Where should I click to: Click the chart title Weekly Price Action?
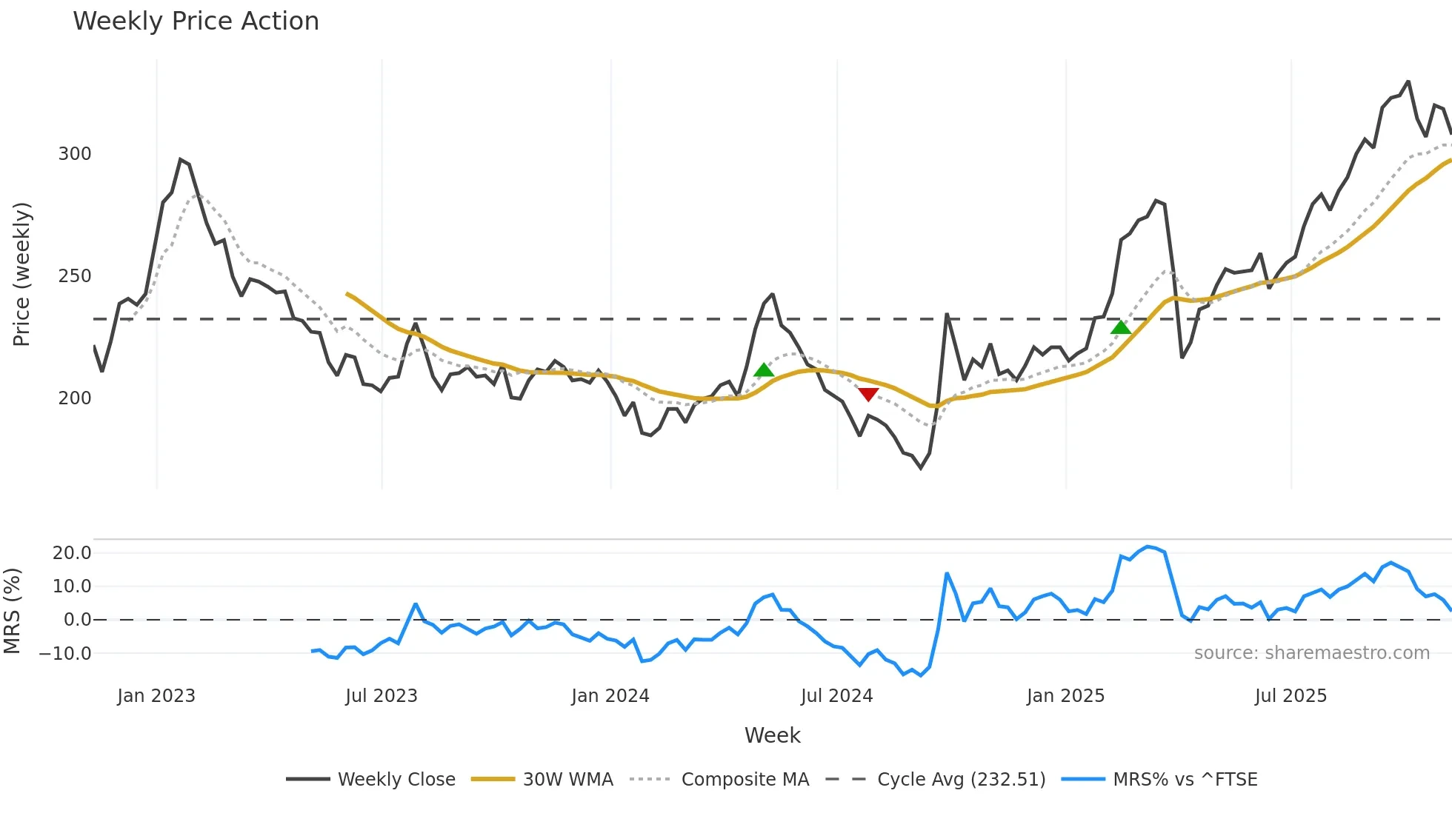click(x=196, y=21)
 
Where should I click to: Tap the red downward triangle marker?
click(x=868, y=394)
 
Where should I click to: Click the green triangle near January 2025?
click(x=1121, y=327)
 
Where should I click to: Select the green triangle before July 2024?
click(x=764, y=370)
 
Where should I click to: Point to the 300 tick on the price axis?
click(x=75, y=154)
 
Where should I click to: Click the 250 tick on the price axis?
click(x=75, y=276)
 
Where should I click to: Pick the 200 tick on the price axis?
click(x=75, y=398)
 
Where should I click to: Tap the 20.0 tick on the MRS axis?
click(x=72, y=553)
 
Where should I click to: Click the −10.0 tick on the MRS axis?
click(x=65, y=654)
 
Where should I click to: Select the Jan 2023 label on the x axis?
click(x=156, y=696)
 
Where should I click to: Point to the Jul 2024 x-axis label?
click(x=837, y=696)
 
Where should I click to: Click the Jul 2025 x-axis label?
click(x=1291, y=696)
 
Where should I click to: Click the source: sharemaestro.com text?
click(x=1312, y=653)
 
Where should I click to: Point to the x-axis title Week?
click(x=772, y=735)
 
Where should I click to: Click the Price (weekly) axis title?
click(x=22, y=274)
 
